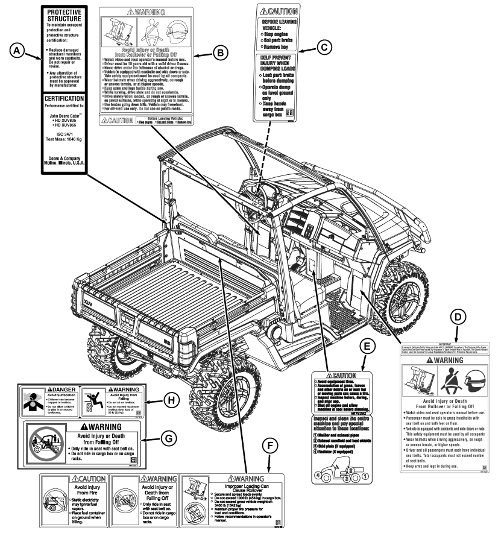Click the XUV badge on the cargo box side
point(90,298)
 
